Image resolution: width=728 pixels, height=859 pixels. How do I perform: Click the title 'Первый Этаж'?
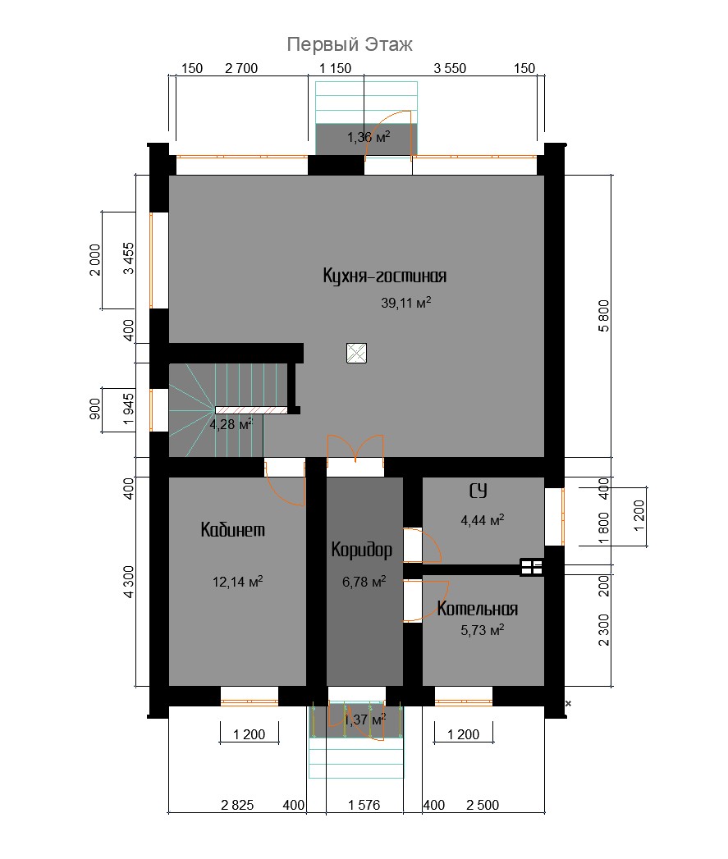point(349,44)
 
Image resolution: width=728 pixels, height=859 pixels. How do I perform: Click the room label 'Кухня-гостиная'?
point(384,276)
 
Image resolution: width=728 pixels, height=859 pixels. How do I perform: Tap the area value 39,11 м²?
point(405,303)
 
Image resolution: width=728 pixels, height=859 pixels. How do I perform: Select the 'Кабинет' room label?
point(232,530)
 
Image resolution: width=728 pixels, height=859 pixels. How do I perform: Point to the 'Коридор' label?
point(361,550)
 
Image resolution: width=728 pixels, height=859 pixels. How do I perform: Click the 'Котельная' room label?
point(477,609)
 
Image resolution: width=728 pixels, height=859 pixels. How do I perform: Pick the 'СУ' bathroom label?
point(478,491)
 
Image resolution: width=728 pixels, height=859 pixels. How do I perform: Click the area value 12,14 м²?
point(237,581)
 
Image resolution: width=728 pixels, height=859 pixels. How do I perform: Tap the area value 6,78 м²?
point(364,581)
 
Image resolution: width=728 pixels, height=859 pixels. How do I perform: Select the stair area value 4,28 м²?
point(231,424)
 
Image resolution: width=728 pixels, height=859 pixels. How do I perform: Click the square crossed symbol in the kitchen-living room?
point(357,354)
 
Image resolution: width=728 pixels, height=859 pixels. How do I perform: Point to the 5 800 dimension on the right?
point(603,316)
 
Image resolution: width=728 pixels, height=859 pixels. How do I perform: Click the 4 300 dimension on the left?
point(128,581)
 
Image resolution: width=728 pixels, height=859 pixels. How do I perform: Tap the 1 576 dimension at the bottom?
point(364,805)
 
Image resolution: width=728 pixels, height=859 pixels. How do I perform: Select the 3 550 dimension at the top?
point(450,68)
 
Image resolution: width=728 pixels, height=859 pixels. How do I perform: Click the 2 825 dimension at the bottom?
point(237,805)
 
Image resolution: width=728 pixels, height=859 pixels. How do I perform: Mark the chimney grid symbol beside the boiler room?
point(532,568)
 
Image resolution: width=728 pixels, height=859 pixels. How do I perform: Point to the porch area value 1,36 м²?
point(369,136)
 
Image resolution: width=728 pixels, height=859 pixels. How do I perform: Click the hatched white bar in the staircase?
point(251,409)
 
